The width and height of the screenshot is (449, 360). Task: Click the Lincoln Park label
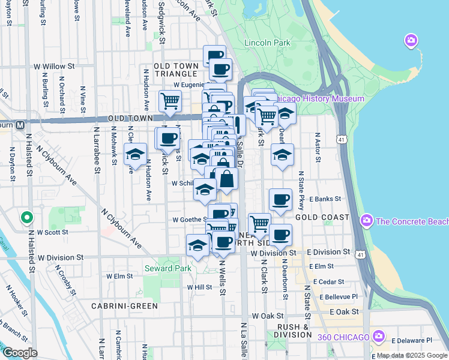[267, 43]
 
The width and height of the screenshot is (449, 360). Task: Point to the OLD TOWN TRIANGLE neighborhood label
[167, 70]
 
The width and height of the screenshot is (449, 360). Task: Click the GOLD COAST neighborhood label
[322, 217]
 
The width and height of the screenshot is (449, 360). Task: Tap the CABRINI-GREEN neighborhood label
[124, 306]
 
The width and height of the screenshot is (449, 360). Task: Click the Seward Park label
[167, 268]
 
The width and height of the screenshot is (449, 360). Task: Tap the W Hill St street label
[199, 287]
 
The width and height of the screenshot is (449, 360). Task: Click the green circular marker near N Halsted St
[26, 217]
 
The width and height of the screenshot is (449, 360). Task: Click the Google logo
[20, 352]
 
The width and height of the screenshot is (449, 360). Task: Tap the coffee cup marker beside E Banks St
[280, 200]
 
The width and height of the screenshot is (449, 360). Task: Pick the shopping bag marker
[228, 179]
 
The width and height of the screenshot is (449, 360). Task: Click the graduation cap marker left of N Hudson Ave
[136, 154]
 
